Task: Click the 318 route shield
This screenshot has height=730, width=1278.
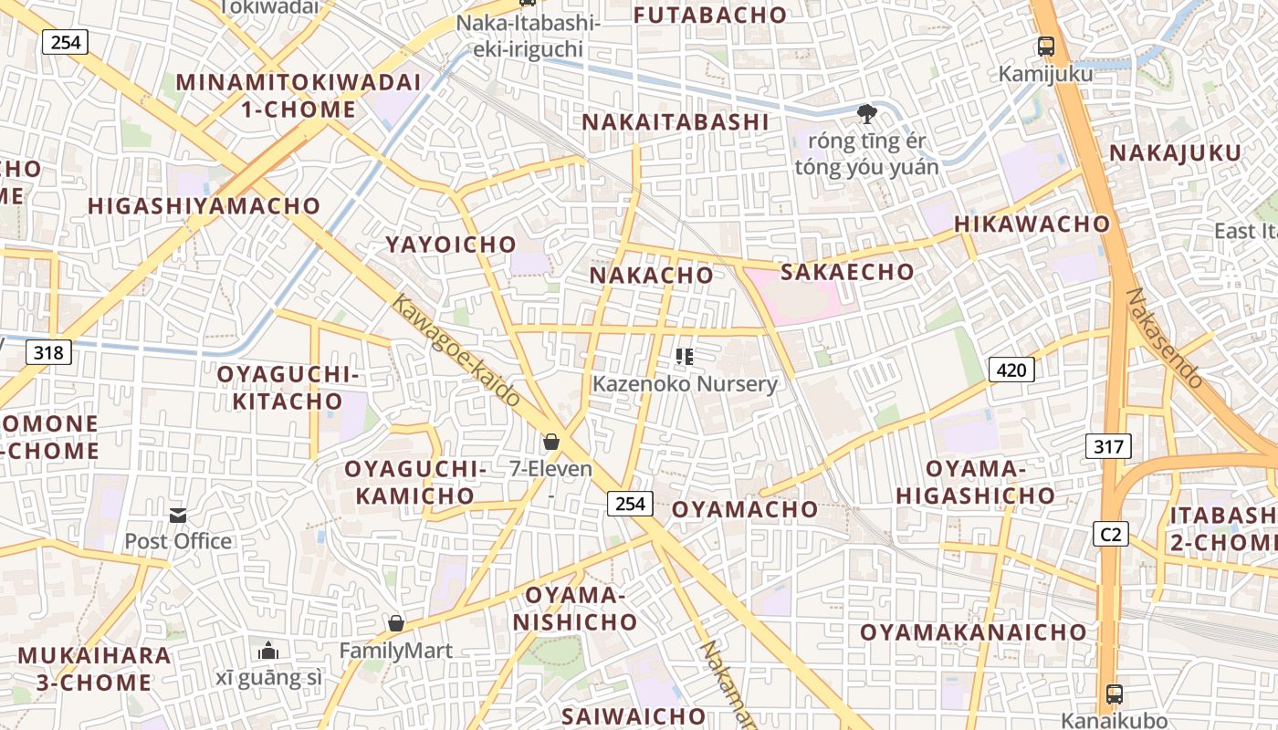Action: click(x=48, y=351)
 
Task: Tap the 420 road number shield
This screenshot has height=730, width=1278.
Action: click(x=1012, y=370)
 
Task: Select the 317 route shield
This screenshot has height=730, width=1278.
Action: click(x=1109, y=446)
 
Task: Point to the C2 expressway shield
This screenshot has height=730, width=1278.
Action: click(x=1110, y=534)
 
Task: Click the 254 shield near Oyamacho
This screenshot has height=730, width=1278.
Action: click(x=630, y=503)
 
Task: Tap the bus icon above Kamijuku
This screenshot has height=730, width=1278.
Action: click(x=1045, y=46)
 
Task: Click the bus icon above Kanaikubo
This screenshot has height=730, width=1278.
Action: click(x=1114, y=693)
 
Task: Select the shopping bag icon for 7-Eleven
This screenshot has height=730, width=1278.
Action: click(x=551, y=443)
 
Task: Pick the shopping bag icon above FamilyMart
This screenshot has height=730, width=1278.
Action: click(x=396, y=623)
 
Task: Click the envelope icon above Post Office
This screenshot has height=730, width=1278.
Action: click(x=178, y=516)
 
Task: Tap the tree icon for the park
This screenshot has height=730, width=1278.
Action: click(x=866, y=114)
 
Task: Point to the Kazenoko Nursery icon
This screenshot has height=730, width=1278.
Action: click(x=685, y=357)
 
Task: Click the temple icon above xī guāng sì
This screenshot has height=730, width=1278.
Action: click(x=268, y=651)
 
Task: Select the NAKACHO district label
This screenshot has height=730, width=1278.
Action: click(x=651, y=275)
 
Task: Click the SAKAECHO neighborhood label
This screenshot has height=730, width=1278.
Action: click(x=847, y=272)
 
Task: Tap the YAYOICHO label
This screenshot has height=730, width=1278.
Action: click(x=451, y=245)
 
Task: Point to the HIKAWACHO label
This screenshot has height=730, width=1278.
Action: click(x=1032, y=224)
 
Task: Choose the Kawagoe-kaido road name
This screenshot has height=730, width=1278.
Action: click(x=456, y=349)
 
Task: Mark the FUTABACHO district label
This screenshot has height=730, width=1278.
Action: click(x=709, y=15)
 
